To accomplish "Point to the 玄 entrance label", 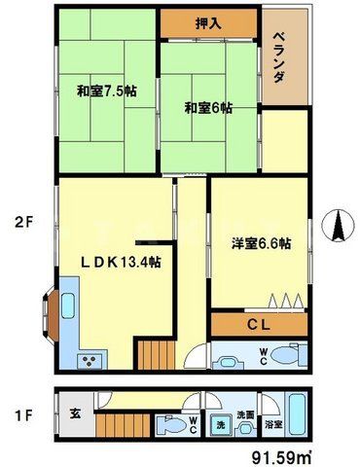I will coord(74,412).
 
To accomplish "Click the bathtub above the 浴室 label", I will coord(298,408).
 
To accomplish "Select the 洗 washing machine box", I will coord(221,425).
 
